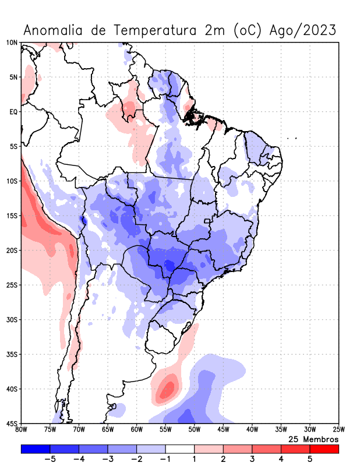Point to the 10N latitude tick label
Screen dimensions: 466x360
tap(12, 43)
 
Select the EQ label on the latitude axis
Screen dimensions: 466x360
tap(13, 112)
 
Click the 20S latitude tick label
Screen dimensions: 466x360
tap(12, 250)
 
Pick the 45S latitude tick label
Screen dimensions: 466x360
tap(12, 423)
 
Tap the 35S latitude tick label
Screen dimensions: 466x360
tap(12, 354)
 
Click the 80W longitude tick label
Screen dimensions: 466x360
tap(21, 430)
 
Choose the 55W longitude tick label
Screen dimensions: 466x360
tap(165, 430)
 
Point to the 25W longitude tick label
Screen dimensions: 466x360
tap(338, 430)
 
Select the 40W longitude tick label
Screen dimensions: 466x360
tap(252, 430)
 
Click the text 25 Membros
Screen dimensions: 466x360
tap(313, 439)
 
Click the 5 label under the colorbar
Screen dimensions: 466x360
tap(310, 459)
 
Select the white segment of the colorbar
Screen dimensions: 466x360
tap(180, 449)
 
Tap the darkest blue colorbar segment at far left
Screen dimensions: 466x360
tap(36, 449)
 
